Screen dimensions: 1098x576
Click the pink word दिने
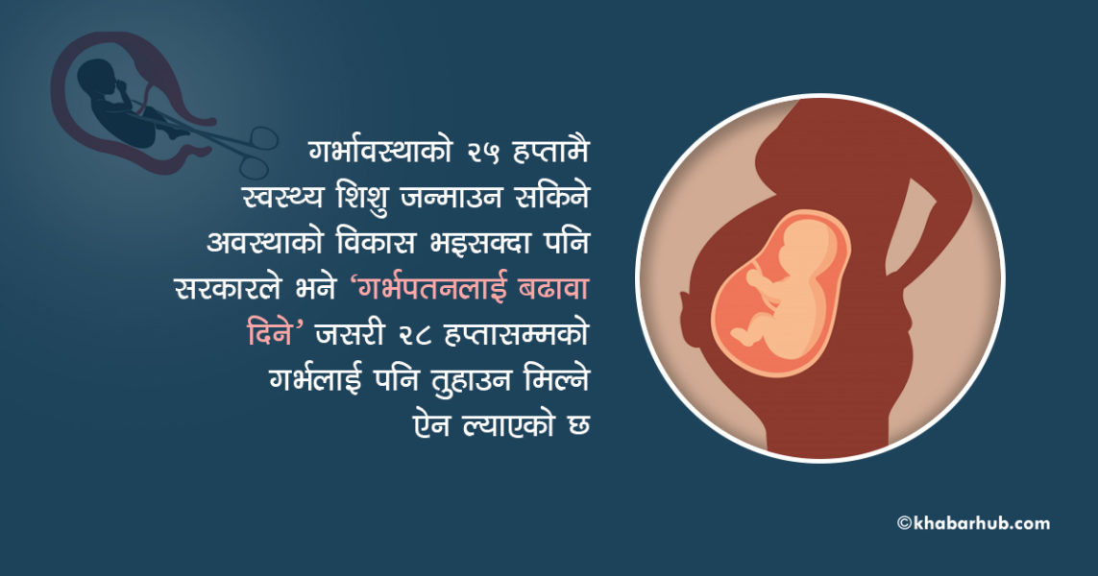click(270, 334)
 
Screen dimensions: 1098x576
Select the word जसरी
click(347, 334)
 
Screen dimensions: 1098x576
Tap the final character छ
click(578, 426)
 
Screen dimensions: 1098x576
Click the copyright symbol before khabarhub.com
click(905, 523)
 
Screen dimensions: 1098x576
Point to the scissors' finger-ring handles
click(259, 152)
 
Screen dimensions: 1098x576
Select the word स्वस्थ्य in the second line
click(281, 198)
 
